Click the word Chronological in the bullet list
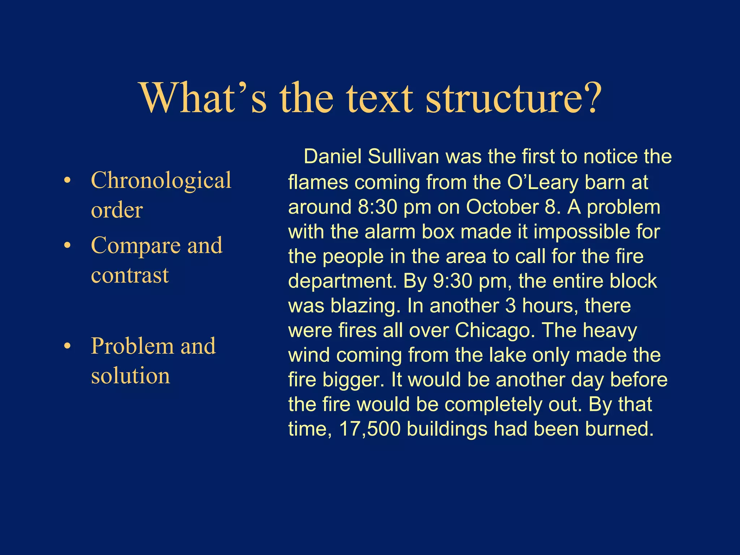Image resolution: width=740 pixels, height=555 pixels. (x=161, y=181)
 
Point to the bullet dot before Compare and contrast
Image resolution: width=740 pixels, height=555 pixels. (x=67, y=246)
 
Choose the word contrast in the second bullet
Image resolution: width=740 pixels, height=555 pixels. (x=130, y=275)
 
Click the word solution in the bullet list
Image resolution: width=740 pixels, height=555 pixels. (x=130, y=376)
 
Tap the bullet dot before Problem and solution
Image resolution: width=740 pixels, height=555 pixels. (x=67, y=346)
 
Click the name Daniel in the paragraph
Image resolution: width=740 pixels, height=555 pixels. (x=333, y=157)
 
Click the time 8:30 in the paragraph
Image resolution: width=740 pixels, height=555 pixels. (x=377, y=207)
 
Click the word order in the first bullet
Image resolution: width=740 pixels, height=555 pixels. (x=117, y=210)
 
